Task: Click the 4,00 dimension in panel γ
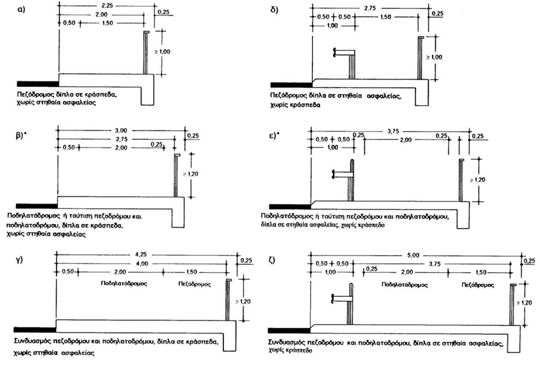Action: click(x=139, y=263)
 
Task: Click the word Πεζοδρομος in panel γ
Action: click(x=194, y=284)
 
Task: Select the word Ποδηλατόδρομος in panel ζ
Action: click(x=404, y=284)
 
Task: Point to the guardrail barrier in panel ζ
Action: click(x=343, y=299)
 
